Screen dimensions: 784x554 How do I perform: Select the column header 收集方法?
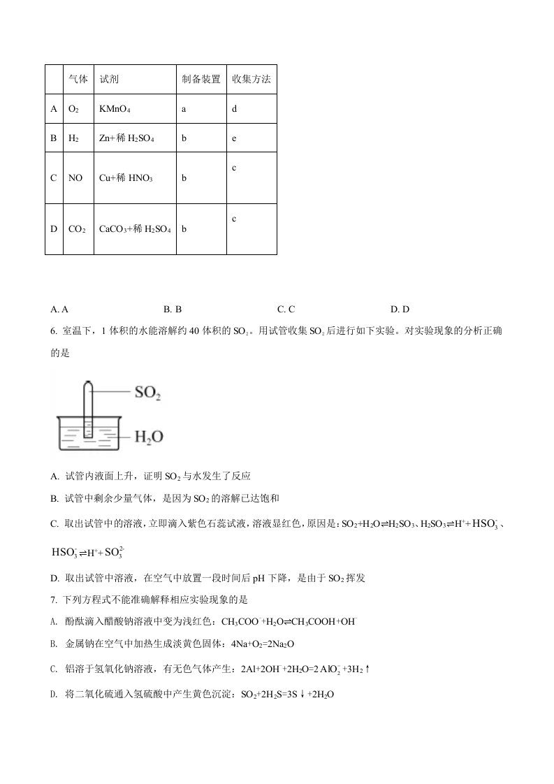[251, 80]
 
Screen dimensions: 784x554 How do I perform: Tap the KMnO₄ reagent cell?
[115, 110]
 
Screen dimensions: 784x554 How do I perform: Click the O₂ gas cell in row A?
[73, 110]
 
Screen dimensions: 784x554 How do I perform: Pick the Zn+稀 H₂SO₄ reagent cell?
[127, 139]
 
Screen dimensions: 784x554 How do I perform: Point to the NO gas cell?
[75, 178]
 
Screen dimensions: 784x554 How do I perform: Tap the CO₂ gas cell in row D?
[76, 228]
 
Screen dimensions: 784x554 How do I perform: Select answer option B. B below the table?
[173, 309]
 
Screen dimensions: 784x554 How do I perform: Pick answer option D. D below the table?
[400, 309]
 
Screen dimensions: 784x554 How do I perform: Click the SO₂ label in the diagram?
[147, 393]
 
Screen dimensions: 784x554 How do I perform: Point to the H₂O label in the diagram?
[148, 437]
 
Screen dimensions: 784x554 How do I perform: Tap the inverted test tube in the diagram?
[88, 409]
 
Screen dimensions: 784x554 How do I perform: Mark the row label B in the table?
[53, 139]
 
